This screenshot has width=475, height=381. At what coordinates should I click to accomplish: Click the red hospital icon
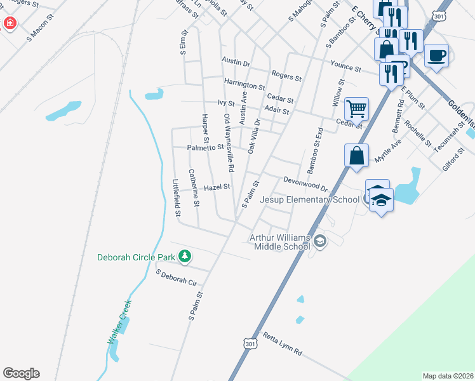(10, 24)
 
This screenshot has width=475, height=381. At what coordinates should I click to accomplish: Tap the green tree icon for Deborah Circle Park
(185, 256)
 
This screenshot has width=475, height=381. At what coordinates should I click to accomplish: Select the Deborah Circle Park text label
(136, 257)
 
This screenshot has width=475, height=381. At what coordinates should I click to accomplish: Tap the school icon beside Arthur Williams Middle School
(320, 240)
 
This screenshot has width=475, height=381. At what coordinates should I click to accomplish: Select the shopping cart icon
(356, 109)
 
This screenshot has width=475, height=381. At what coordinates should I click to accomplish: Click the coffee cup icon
(436, 55)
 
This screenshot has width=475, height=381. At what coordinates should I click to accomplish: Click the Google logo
(21, 373)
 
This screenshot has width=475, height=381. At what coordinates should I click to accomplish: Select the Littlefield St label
(177, 197)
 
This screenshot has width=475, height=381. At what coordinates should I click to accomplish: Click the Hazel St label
(217, 188)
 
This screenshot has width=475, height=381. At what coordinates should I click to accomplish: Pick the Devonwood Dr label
(305, 184)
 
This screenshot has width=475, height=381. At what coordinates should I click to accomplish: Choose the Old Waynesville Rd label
(229, 144)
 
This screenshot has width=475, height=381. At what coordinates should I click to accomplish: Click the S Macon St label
(42, 31)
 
